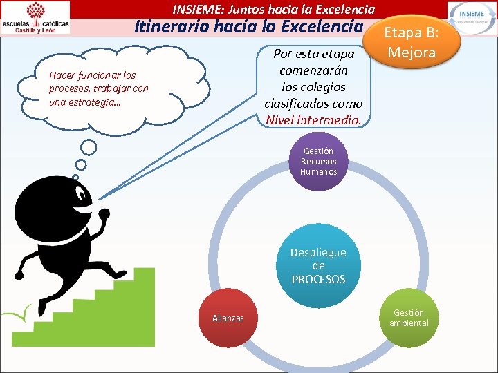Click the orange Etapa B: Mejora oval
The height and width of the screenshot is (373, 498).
412,42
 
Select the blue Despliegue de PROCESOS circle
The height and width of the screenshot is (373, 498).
318,265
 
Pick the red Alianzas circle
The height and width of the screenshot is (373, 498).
228,318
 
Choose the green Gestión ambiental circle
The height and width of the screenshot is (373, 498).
409,318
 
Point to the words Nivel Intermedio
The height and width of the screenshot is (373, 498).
313,120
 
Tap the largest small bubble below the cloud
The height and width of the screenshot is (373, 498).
89,147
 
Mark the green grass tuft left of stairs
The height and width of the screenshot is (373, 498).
25,315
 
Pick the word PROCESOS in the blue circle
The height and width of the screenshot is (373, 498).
318,279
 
